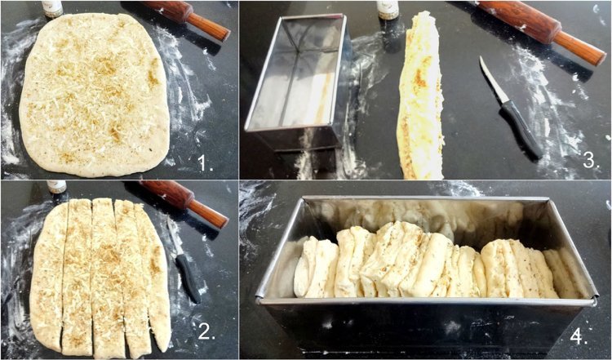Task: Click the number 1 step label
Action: pyautogui.click(x=206, y=162)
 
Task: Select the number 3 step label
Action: pyautogui.click(x=592, y=160)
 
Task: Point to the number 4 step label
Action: pyautogui.click(x=579, y=336)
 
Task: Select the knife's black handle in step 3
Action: pyautogui.click(x=522, y=129)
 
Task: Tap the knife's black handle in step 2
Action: pyautogui.click(x=188, y=279)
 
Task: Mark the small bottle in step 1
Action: pyautogui.click(x=52, y=9)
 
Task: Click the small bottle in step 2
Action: pyautogui.click(x=56, y=187)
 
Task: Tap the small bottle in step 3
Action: pyautogui.click(x=388, y=10)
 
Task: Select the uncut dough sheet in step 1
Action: pyautogui.click(x=95, y=96)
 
